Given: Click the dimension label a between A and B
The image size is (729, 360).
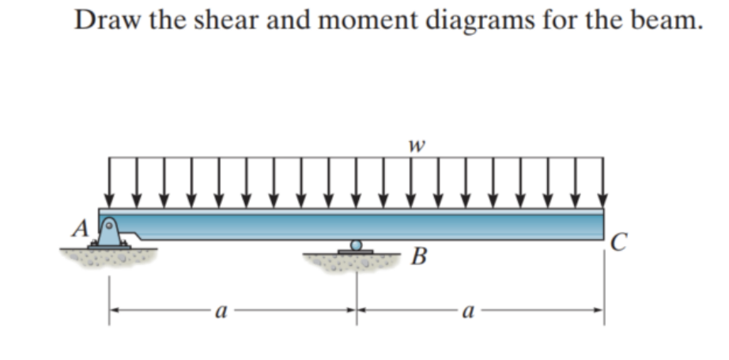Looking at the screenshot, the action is pos(222,313).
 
